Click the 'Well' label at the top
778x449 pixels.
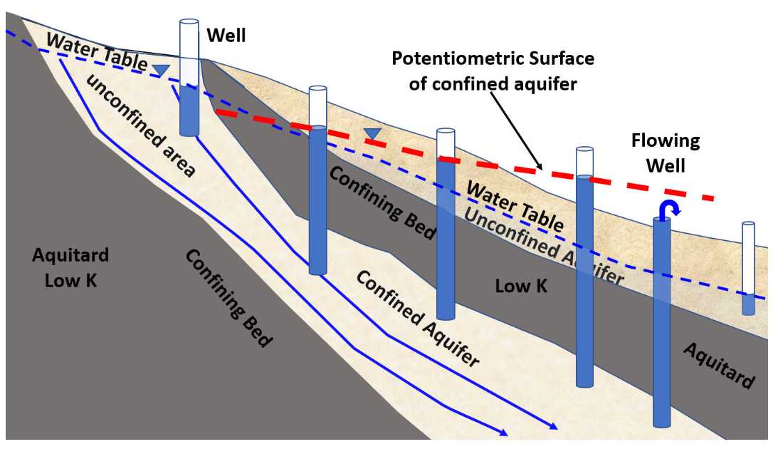click(x=226, y=35)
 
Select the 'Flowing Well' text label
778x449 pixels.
click(x=665, y=153)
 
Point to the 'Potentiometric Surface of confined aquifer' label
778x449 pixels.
click(x=493, y=71)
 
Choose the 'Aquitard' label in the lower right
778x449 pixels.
click(x=719, y=366)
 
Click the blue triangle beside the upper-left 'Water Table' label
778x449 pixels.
click(x=162, y=70)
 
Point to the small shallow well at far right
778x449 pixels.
click(x=748, y=269)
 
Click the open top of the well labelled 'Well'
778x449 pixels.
click(x=189, y=24)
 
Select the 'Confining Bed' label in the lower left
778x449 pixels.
click(x=228, y=298)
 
